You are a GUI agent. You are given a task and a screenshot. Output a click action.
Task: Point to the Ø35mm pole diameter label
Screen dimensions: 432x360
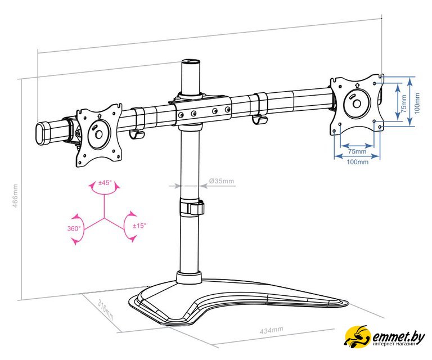pos(222,181)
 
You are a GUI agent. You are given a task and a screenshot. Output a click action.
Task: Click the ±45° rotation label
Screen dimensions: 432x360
pos(105,183)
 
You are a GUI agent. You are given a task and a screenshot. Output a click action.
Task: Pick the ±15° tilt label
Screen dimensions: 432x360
pos(139,226)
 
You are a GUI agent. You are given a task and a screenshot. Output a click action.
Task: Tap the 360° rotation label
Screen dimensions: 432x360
pos(74,228)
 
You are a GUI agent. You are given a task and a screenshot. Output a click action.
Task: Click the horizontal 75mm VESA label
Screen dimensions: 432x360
pos(357,151)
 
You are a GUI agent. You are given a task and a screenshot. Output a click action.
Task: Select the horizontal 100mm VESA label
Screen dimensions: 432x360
pos(357,161)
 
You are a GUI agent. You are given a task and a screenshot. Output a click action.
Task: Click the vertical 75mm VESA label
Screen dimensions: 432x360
pos(404,103)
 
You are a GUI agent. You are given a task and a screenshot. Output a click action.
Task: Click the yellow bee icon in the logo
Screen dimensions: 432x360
pos(357,336)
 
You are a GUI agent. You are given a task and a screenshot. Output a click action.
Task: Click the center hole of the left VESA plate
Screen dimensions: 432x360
pos(98,134)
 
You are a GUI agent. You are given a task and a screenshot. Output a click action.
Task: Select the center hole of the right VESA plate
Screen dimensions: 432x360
pos(357,104)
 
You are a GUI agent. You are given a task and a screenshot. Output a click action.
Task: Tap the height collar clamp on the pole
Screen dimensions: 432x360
pos(192,208)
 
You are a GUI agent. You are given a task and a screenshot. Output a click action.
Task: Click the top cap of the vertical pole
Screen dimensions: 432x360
pos(191,62)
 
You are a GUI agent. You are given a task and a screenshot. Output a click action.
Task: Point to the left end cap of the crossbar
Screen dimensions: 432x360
pos(40,134)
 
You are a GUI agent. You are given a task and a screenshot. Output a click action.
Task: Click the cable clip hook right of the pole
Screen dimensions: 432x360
pos(259,120)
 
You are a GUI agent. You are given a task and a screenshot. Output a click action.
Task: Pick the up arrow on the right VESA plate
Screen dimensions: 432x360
pos(357,84)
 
